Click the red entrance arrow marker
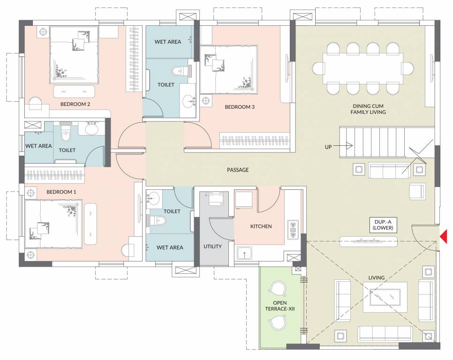pos(444,236)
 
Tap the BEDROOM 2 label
pos(75,104)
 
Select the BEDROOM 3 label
pos(240,107)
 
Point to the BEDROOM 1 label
pos(61,192)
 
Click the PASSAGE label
pos(238,170)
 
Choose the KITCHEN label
pos(261,226)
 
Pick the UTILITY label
pos(212,246)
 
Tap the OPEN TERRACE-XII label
pos(280,306)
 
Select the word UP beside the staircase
pos(328,147)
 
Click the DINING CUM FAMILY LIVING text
pos(368,109)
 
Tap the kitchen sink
pos(244,254)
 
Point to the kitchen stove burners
pos(294,230)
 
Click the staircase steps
pos(371,142)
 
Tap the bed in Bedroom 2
pos(74,55)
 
